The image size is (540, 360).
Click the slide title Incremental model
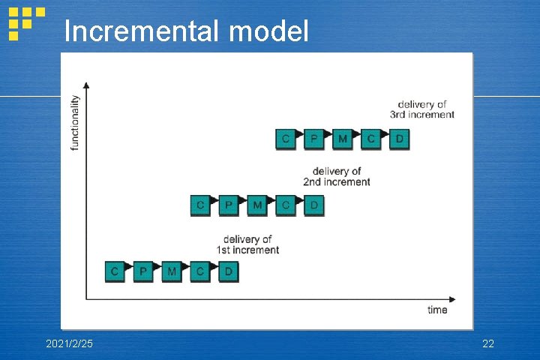click(x=186, y=31)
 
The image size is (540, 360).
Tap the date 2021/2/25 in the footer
click(x=70, y=343)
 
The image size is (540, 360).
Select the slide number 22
click(x=487, y=343)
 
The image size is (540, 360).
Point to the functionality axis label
click(x=75, y=122)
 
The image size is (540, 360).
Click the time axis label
click(x=437, y=310)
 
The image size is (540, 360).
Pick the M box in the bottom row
click(x=172, y=271)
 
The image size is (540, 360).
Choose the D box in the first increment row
click(x=229, y=271)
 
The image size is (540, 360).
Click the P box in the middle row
click(x=229, y=204)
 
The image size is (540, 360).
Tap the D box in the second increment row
click(x=314, y=204)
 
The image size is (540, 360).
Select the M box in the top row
click(x=343, y=138)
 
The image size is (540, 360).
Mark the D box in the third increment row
click(x=400, y=138)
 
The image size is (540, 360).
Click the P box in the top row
click(x=314, y=138)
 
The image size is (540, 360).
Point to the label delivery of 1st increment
click(x=247, y=244)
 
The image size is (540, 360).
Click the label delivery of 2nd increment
click(x=337, y=176)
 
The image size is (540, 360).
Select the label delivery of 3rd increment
click(x=422, y=109)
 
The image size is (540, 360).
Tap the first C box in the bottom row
click(x=115, y=271)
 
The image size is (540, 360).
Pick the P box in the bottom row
click(x=143, y=271)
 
